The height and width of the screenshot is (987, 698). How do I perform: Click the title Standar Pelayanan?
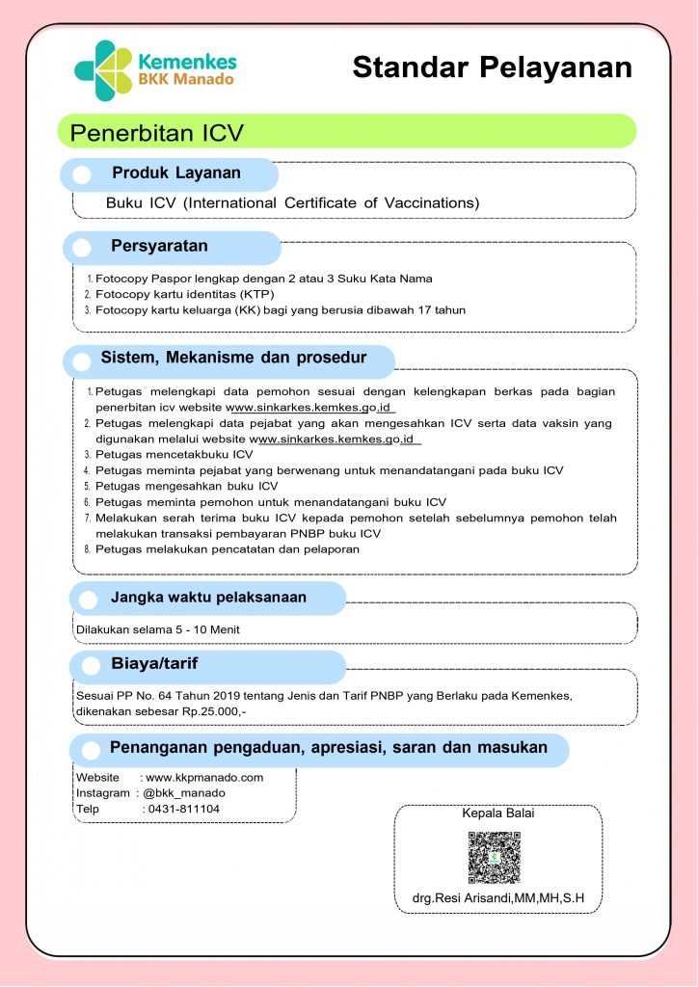(492, 67)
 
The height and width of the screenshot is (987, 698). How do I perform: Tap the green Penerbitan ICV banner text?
(157, 132)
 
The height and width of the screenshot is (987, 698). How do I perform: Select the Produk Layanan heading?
(176, 173)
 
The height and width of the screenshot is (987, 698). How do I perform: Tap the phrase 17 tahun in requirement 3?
(442, 309)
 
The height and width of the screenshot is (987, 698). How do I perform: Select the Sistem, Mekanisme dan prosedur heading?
(233, 359)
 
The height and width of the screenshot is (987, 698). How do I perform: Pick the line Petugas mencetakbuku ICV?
(174, 454)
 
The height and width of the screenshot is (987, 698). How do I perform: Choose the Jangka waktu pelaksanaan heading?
(208, 598)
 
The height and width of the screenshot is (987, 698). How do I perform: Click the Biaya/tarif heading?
(154, 664)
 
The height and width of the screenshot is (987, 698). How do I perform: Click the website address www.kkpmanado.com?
(204, 777)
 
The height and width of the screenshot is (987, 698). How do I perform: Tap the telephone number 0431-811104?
(182, 809)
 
